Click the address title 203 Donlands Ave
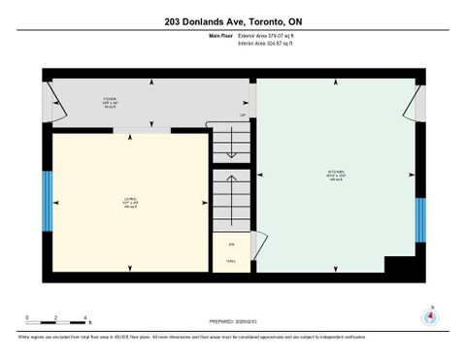(x=232, y=19)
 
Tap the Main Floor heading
(x=220, y=36)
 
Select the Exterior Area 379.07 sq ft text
(x=266, y=36)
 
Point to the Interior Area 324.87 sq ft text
(x=265, y=44)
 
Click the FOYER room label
(x=110, y=100)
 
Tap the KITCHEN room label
(x=336, y=178)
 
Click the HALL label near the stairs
(x=231, y=261)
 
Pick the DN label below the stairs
(x=231, y=244)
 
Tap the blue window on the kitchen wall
(x=420, y=219)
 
